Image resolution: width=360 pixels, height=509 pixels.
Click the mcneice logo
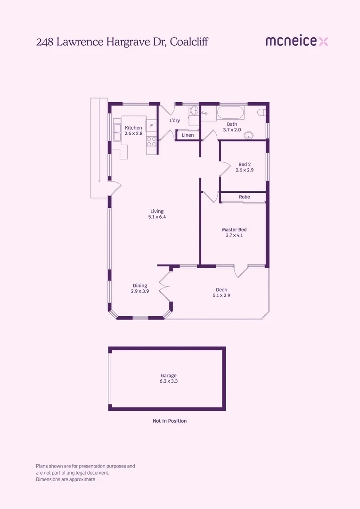(296, 41)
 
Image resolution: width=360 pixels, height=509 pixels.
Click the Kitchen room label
(133, 128)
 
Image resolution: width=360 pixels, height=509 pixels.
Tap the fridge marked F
(151, 126)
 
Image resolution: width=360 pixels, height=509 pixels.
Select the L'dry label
(175, 121)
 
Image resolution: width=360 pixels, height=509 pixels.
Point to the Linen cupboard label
(188, 135)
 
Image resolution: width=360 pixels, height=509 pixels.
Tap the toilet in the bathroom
(262, 112)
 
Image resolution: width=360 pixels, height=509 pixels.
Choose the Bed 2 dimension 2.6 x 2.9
(245, 170)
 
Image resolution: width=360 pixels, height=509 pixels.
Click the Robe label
(244, 197)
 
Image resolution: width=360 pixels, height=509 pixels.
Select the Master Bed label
(234, 230)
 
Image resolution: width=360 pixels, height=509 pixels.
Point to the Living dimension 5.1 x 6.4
(157, 217)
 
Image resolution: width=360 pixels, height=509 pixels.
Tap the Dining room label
(140, 286)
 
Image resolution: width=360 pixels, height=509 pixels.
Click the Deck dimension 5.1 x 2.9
(221, 296)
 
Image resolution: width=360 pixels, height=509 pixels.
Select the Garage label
(168, 376)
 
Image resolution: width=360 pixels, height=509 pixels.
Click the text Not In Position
(170, 421)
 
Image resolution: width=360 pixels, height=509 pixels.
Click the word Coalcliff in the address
(189, 42)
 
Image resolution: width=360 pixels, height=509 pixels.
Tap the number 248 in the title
(45, 42)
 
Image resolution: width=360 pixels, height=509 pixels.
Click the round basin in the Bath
(248, 136)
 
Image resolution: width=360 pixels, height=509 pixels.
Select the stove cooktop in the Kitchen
(152, 140)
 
